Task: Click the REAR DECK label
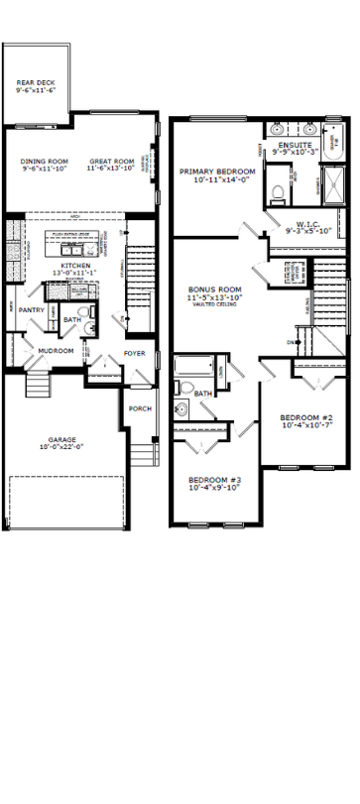tap(34, 82)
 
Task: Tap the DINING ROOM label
tap(44, 161)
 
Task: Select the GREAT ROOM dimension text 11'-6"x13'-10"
tap(111, 169)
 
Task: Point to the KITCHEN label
tap(76, 266)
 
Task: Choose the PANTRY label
tap(31, 309)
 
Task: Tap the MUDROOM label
tap(56, 350)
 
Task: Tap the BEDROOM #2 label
tap(304, 416)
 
